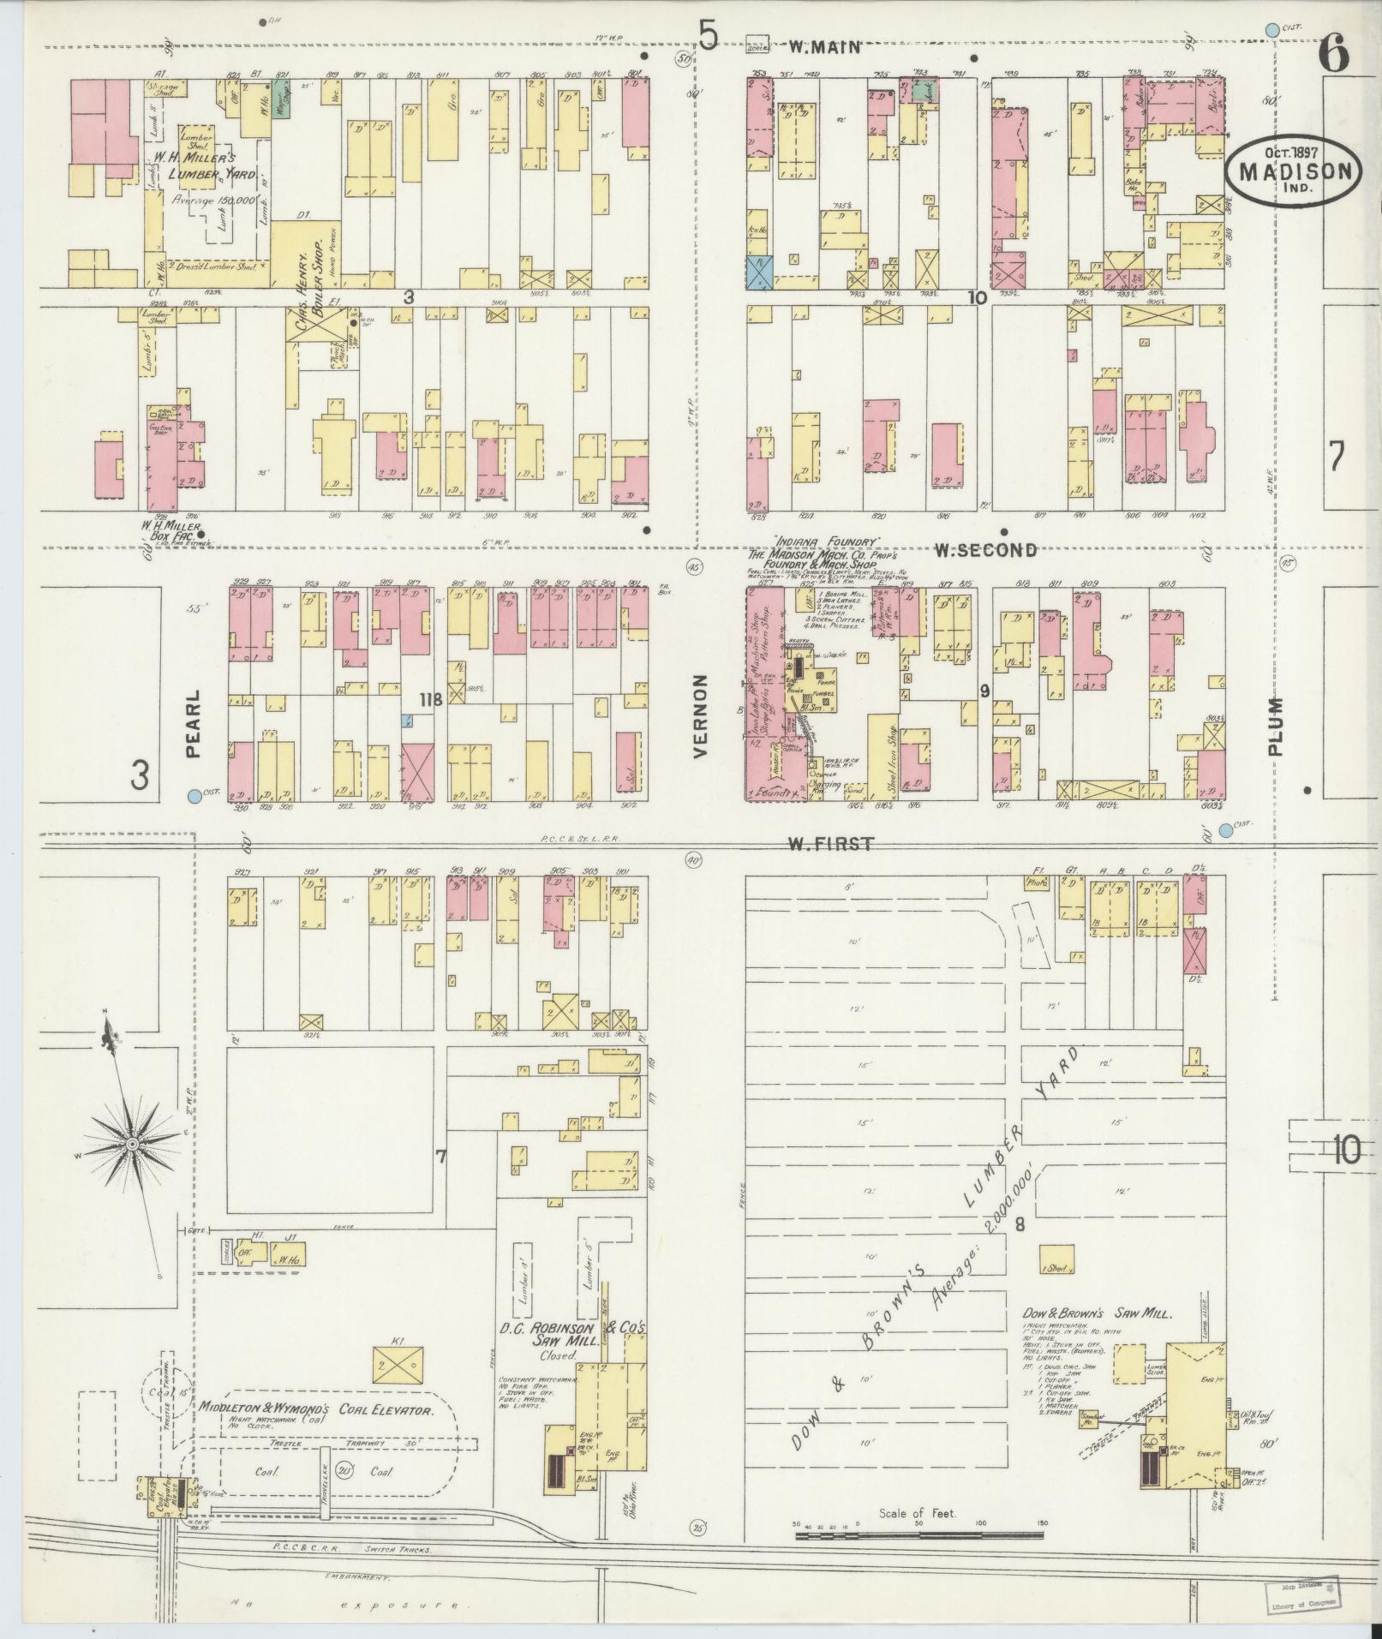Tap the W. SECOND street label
984,550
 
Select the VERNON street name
700,715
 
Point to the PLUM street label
1276,727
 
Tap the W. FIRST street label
830,844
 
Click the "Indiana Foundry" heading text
827,541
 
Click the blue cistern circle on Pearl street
195,796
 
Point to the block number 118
430,700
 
